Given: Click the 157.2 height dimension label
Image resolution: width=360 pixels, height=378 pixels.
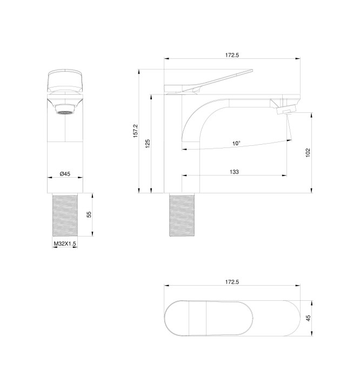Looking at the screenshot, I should click(x=136, y=131).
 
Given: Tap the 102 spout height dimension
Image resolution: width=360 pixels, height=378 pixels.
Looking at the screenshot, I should click(x=308, y=152).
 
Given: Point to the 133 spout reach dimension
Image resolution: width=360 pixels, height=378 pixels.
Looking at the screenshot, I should click(x=234, y=172).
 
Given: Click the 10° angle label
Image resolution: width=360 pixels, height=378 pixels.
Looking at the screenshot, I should click(x=236, y=144).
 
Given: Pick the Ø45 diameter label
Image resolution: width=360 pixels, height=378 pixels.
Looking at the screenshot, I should click(x=65, y=173).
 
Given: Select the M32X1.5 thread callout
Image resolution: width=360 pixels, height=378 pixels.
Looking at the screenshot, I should click(x=65, y=244).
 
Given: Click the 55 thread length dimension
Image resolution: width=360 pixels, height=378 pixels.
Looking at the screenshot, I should click(x=89, y=214).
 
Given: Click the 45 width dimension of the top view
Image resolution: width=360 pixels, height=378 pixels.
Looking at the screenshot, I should click(x=308, y=319).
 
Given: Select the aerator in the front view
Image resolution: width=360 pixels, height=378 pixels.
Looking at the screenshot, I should click(x=65, y=110).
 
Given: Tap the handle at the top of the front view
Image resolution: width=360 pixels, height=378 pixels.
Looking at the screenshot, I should click(x=65, y=81).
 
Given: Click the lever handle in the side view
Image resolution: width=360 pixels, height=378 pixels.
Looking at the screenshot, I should click(x=216, y=81).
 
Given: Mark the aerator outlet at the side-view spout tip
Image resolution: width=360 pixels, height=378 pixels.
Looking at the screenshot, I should click(x=285, y=111).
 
